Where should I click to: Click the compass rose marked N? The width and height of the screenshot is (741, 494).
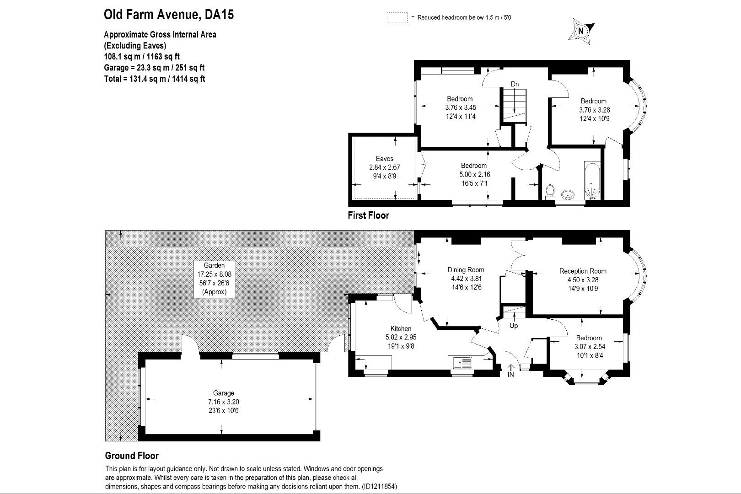pos(581,31)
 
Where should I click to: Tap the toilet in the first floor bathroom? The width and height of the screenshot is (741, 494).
pos(550,190)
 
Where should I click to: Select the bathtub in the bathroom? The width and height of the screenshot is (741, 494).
pos(592,181)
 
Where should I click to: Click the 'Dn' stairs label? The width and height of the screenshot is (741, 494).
pos(515,84)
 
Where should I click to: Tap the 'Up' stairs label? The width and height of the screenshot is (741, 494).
pos(514,326)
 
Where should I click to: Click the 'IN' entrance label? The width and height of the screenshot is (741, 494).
pos(510,375)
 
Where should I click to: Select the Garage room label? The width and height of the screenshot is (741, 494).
pos(223,393)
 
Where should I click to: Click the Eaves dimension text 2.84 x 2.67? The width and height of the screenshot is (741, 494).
pos(384,167)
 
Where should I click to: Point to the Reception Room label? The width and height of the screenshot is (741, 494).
pos(583,271)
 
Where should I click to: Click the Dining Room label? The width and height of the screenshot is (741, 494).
pos(466,270)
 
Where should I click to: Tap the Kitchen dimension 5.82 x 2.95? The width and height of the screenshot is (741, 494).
pos(401,337)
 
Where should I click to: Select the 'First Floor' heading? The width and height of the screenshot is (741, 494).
pos(368,215)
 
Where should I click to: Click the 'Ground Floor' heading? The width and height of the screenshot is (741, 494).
pos(132,456)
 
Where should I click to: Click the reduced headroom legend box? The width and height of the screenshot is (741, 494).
pos(397,17)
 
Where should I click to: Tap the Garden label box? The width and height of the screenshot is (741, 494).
pos(214,278)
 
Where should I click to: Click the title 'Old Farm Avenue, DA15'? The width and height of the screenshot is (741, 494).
pos(169,15)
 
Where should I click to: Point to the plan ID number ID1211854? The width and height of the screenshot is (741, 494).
pos(379,487)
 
